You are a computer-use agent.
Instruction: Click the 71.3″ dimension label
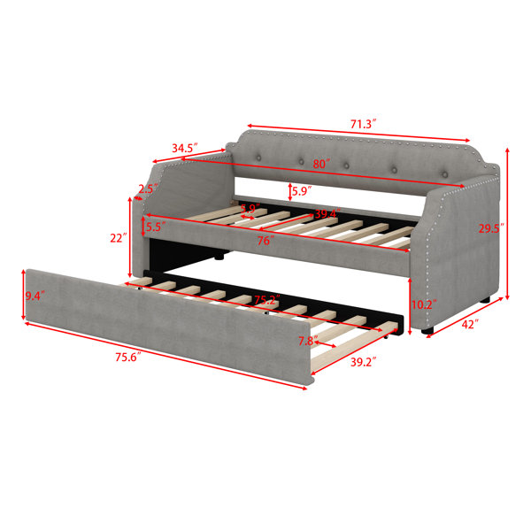[363, 124]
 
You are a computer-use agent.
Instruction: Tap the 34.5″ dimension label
[185, 148]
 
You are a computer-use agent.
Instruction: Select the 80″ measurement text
[321, 164]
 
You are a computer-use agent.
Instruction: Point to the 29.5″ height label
[491, 228]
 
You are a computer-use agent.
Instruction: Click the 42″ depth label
[470, 325]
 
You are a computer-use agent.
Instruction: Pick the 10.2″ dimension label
[424, 304]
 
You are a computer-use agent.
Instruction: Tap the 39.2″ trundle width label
[364, 362]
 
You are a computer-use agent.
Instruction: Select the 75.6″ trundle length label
[128, 357]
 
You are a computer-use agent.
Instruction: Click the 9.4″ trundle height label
[35, 296]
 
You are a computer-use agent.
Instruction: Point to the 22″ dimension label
[119, 238]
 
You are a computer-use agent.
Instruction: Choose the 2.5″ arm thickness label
[149, 189]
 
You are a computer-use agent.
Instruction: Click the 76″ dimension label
[265, 241]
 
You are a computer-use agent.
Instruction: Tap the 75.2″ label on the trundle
[267, 300]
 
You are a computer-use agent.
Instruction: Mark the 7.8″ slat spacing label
[308, 341]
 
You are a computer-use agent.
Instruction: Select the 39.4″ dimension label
[327, 214]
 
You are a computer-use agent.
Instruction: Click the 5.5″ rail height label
[156, 227]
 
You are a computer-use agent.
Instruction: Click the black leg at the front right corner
[427, 330]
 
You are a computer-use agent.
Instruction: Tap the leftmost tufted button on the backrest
[259, 158]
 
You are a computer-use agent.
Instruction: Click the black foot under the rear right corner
[485, 300]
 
